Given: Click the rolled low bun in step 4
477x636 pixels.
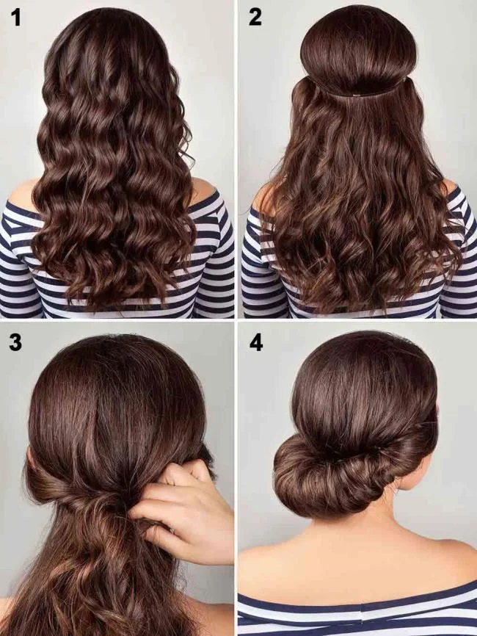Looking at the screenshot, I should click(x=323, y=474).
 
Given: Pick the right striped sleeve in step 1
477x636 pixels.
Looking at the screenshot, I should click(x=216, y=257).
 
